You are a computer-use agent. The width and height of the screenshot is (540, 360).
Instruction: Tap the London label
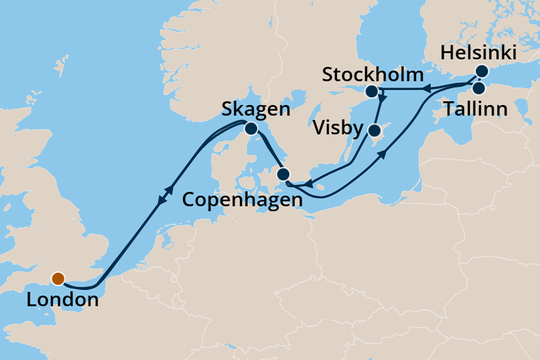pos(62,300)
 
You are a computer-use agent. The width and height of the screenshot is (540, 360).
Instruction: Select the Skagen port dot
pos(251,129)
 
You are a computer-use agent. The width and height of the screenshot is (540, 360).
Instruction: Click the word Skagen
pos(255,111)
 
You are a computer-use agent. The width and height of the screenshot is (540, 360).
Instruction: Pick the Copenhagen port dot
pos(284,174)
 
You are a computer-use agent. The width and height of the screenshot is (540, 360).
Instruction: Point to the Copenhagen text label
pos(242,200)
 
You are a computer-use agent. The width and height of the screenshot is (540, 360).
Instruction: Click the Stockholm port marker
pos(372,91)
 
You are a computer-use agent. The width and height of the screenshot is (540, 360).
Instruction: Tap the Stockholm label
pos(372,75)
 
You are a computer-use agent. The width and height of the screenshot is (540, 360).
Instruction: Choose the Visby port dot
pos(374,131)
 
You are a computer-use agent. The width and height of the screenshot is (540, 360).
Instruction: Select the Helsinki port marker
pos(482,71)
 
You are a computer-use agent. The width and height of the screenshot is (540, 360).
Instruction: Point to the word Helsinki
pos(478,53)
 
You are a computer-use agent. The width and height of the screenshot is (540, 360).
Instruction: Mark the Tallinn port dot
pos(478,88)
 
